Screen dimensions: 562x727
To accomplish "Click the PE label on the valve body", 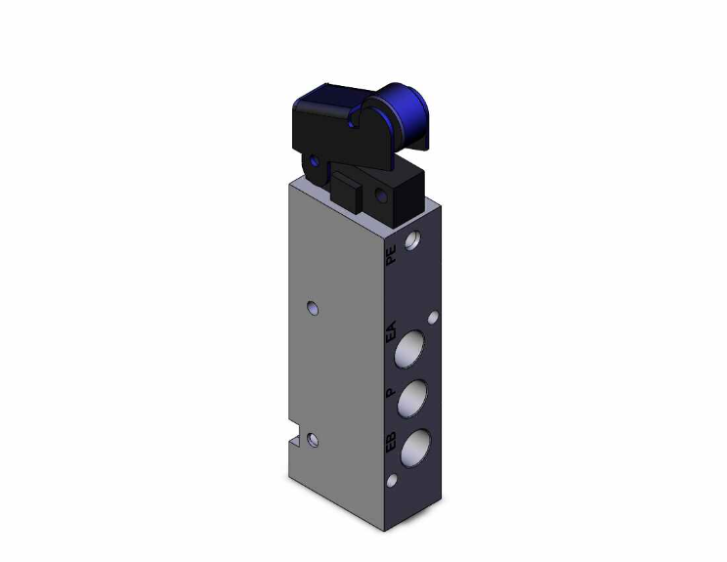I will (x=391, y=257).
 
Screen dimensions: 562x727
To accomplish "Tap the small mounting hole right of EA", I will (x=434, y=318).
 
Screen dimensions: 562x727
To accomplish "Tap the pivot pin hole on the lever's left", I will (x=314, y=161).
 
